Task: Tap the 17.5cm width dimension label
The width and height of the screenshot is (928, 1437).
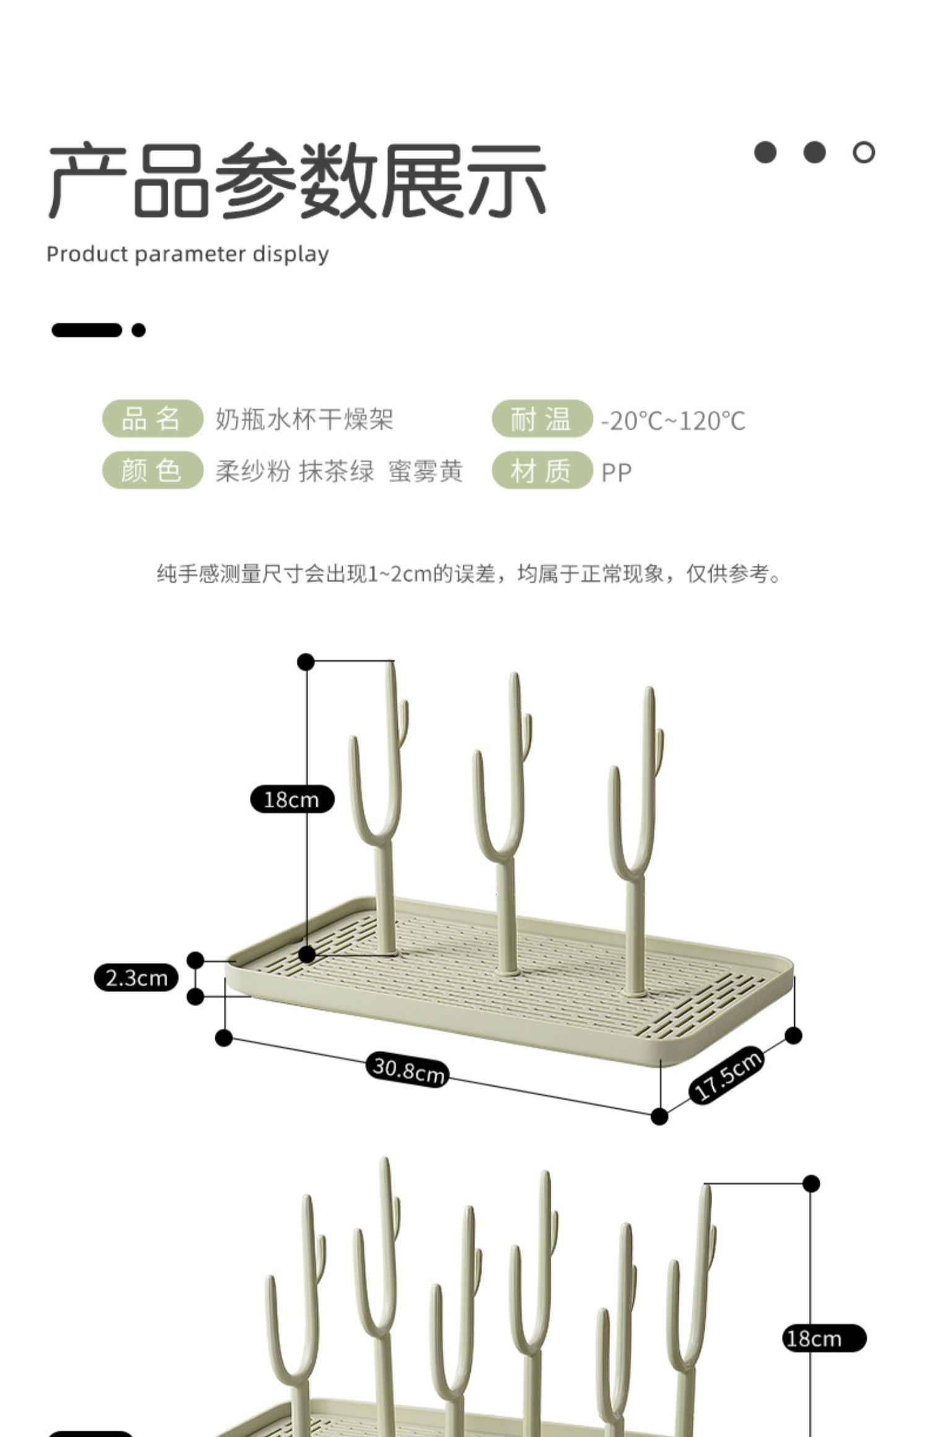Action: click(726, 1075)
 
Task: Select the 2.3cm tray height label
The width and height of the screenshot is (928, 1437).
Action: click(136, 978)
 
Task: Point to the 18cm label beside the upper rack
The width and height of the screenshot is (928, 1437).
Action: click(292, 800)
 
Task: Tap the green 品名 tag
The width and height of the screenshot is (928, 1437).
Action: click(152, 419)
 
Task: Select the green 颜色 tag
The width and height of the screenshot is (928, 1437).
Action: click(152, 470)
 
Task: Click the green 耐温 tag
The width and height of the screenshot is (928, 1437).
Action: click(541, 419)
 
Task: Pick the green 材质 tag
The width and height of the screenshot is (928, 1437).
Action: click(541, 470)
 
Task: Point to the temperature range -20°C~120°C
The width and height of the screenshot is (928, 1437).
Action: click(673, 421)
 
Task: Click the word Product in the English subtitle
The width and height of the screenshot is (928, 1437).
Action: click(87, 254)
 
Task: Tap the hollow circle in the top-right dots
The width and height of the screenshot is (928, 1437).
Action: click(864, 152)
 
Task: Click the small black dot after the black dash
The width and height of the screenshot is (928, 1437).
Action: click(139, 330)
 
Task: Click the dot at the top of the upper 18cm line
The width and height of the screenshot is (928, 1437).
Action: click(306, 662)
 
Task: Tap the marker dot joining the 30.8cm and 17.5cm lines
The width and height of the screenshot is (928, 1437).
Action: click(659, 1116)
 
